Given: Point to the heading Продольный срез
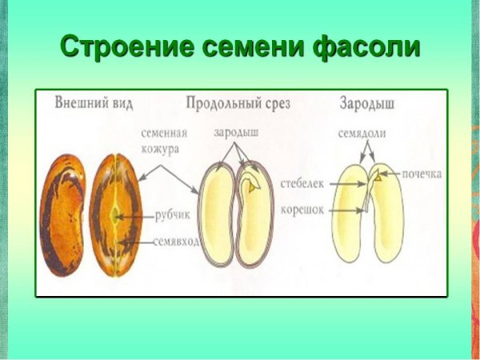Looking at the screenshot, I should point(237,103).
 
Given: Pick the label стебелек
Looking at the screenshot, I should point(302,185).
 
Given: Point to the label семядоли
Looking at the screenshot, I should point(362,134).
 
